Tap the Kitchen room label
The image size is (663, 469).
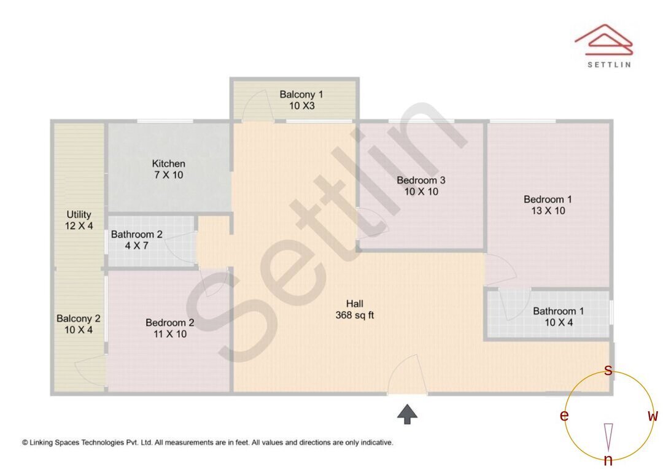point(169,164)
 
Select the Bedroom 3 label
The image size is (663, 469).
point(421,180)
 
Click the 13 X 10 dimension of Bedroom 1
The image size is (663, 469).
point(548,211)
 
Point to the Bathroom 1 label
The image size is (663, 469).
point(558,311)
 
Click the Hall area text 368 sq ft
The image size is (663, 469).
point(355,316)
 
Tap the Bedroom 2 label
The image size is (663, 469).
point(170,323)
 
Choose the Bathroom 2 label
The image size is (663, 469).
point(136,234)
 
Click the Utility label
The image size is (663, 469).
point(79,215)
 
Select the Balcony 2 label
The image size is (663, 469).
point(78,319)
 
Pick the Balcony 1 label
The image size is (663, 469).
point(301,95)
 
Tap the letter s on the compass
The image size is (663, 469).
point(608,370)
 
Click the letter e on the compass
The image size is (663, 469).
point(564,416)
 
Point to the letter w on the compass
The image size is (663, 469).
point(653,416)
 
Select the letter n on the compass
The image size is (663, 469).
point(608,460)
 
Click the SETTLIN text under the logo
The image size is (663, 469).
point(608,64)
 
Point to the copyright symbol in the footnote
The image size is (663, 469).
point(25,442)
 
